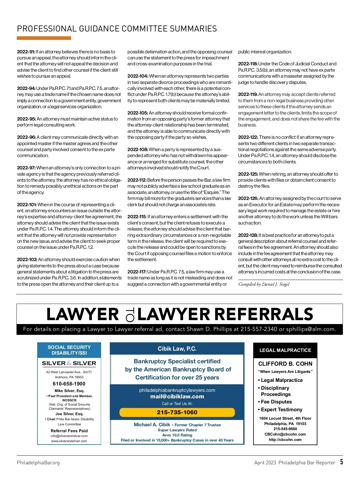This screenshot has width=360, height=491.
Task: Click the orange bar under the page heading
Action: [44, 38]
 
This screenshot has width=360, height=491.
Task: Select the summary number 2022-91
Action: [26, 52]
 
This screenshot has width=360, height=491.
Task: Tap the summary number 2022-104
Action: [138, 76]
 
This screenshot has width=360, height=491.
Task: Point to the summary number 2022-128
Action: [248, 235]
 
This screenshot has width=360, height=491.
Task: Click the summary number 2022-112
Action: [137, 180]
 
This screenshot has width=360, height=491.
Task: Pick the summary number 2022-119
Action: [248, 94]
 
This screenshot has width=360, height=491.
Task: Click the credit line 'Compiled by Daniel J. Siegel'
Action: [264, 284]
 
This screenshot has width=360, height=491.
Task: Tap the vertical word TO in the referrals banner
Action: [130, 314]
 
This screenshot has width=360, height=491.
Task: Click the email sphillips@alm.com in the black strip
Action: [310, 329]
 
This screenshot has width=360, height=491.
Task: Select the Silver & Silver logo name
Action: [69, 363]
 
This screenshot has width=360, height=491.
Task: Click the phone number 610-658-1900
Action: [69, 384]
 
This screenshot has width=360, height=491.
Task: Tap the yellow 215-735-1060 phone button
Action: [177, 412]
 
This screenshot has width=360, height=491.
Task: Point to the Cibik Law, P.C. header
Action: [177, 349]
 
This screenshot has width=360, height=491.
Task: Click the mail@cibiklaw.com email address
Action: [177, 397]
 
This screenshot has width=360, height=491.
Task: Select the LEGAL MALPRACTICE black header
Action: [285, 350]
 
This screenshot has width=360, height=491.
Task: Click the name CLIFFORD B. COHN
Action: [285, 364]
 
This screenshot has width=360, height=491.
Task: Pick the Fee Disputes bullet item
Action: [276, 402]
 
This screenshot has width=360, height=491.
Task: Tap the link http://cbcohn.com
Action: [285, 440]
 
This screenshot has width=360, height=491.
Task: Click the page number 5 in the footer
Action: [341, 462]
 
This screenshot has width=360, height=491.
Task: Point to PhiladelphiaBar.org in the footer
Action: [38, 463]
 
